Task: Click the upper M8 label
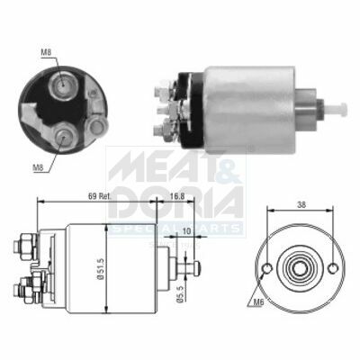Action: [46, 52]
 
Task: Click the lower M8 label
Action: [38, 168]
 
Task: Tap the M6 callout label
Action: [257, 303]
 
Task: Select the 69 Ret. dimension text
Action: [100, 196]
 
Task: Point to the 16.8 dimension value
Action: [176, 196]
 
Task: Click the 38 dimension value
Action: [301, 205]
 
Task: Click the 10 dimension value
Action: [186, 231]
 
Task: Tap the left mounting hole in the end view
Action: [267, 268]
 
